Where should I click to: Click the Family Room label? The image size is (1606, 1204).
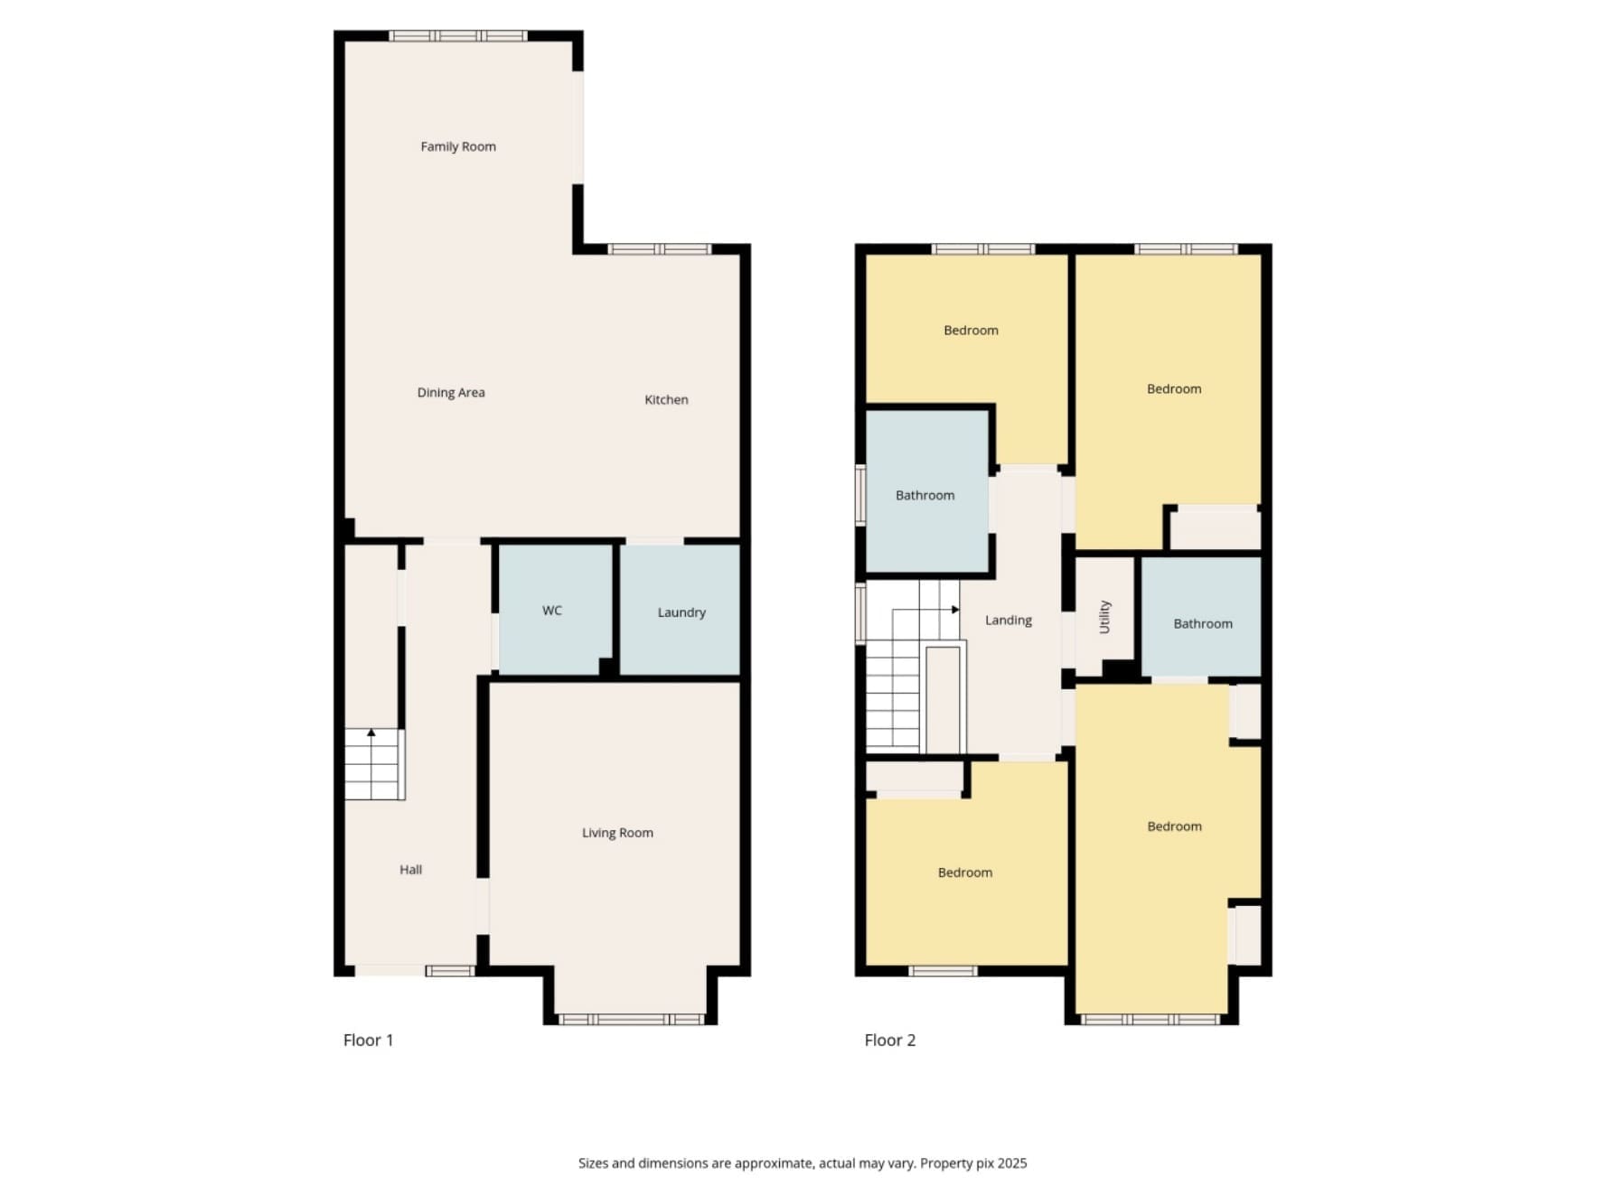click(x=458, y=146)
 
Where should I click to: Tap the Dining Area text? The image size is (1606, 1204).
click(x=451, y=392)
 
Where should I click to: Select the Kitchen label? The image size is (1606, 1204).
click(x=666, y=399)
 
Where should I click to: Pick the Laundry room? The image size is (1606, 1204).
click(x=680, y=610)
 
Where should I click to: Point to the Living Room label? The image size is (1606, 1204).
click(x=617, y=833)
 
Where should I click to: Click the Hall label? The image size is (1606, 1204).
click(x=410, y=870)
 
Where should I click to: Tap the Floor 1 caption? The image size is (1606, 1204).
click(x=368, y=1041)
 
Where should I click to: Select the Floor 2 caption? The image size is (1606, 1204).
click(x=889, y=1041)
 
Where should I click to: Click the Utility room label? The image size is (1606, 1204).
click(x=1104, y=617)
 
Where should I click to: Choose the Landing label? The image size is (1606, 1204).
click(x=1008, y=621)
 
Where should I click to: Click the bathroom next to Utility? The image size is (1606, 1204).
click(x=1201, y=616)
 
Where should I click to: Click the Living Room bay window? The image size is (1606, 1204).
click(x=632, y=1020)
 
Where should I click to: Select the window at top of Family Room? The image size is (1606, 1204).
click(x=458, y=36)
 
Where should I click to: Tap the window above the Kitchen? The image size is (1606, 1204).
click(x=660, y=249)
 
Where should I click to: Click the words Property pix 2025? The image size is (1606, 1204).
click(x=973, y=1163)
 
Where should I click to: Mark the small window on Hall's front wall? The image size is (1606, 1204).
click(x=450, y=971)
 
